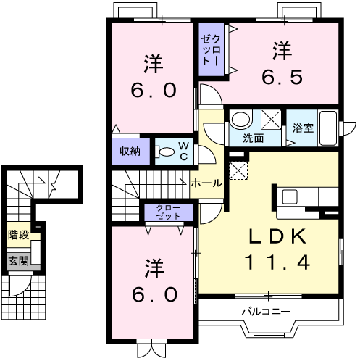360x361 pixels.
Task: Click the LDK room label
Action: [277, 236]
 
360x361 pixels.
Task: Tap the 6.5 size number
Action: [282, 77]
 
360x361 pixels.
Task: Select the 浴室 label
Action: [303, 128]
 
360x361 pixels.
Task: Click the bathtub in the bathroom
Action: [328, 128]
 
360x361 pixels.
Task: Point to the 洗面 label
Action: [253, 138]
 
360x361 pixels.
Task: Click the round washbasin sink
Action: [241, 119]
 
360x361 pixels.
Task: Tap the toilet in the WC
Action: [164, 152]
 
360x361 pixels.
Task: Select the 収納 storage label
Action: [130, 152]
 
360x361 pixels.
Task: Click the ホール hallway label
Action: [206, 183]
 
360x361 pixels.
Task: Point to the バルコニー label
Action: [267, 312]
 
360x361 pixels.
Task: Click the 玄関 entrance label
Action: [18, 261]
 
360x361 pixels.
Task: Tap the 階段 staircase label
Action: [18, 235]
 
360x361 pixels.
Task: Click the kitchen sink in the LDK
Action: [290, 196]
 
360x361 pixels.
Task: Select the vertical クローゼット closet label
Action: [211, 50]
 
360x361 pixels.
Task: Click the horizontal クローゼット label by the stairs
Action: [168, 212]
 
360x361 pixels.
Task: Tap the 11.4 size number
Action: [277, 262]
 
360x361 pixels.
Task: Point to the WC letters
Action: [184, 152]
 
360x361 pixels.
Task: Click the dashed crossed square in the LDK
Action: [238, 170]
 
